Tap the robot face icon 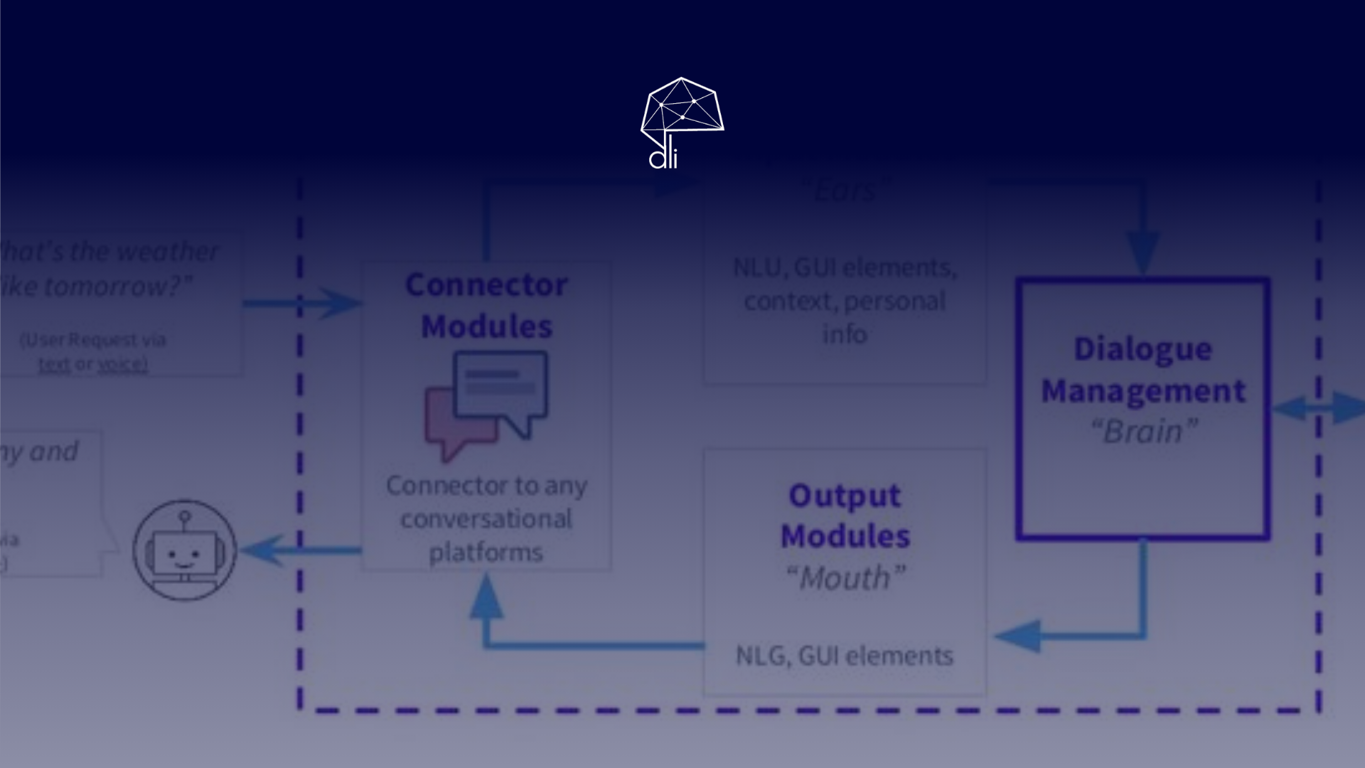coord(185,550)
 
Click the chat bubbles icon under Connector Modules coord(486,403)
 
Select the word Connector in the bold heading coord(486,285)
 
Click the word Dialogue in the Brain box coord(1142,349)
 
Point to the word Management coord(1142,391)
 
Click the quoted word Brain coord(1143,432)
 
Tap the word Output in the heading coord(845,496)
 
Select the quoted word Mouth coord(845,578)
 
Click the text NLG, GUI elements coord(844,656)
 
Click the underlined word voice coord(122,364)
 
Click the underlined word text coord(54,364)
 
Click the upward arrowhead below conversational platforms coord(486,596)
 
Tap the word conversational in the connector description coord(486,519)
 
